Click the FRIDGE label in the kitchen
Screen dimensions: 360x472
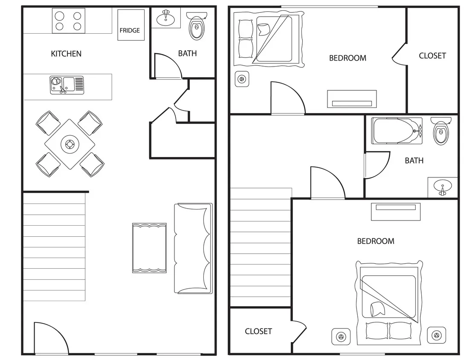(130, 30)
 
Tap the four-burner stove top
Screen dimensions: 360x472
(69, 21)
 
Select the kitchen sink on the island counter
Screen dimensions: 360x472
(67, 85)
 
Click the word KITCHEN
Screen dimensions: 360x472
(66, 54)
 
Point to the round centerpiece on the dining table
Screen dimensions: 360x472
(69, 145)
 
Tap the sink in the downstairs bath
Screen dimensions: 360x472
(165, 18)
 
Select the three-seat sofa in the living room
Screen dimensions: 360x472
(193, 248)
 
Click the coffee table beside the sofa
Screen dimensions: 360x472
(149, 248)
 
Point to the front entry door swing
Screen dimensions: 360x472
(50, 339)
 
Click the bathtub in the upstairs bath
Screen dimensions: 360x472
(397, 131)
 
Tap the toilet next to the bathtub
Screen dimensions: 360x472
(440, 131)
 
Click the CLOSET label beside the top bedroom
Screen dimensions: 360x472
(432, 55)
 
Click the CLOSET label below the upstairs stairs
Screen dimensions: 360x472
(258, 331)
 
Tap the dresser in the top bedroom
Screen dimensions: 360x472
(352, 99)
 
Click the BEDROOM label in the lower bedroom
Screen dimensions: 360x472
(376, 241)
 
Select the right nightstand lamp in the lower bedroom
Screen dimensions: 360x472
(436, 336)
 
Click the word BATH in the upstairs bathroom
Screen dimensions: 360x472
(414, 160)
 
